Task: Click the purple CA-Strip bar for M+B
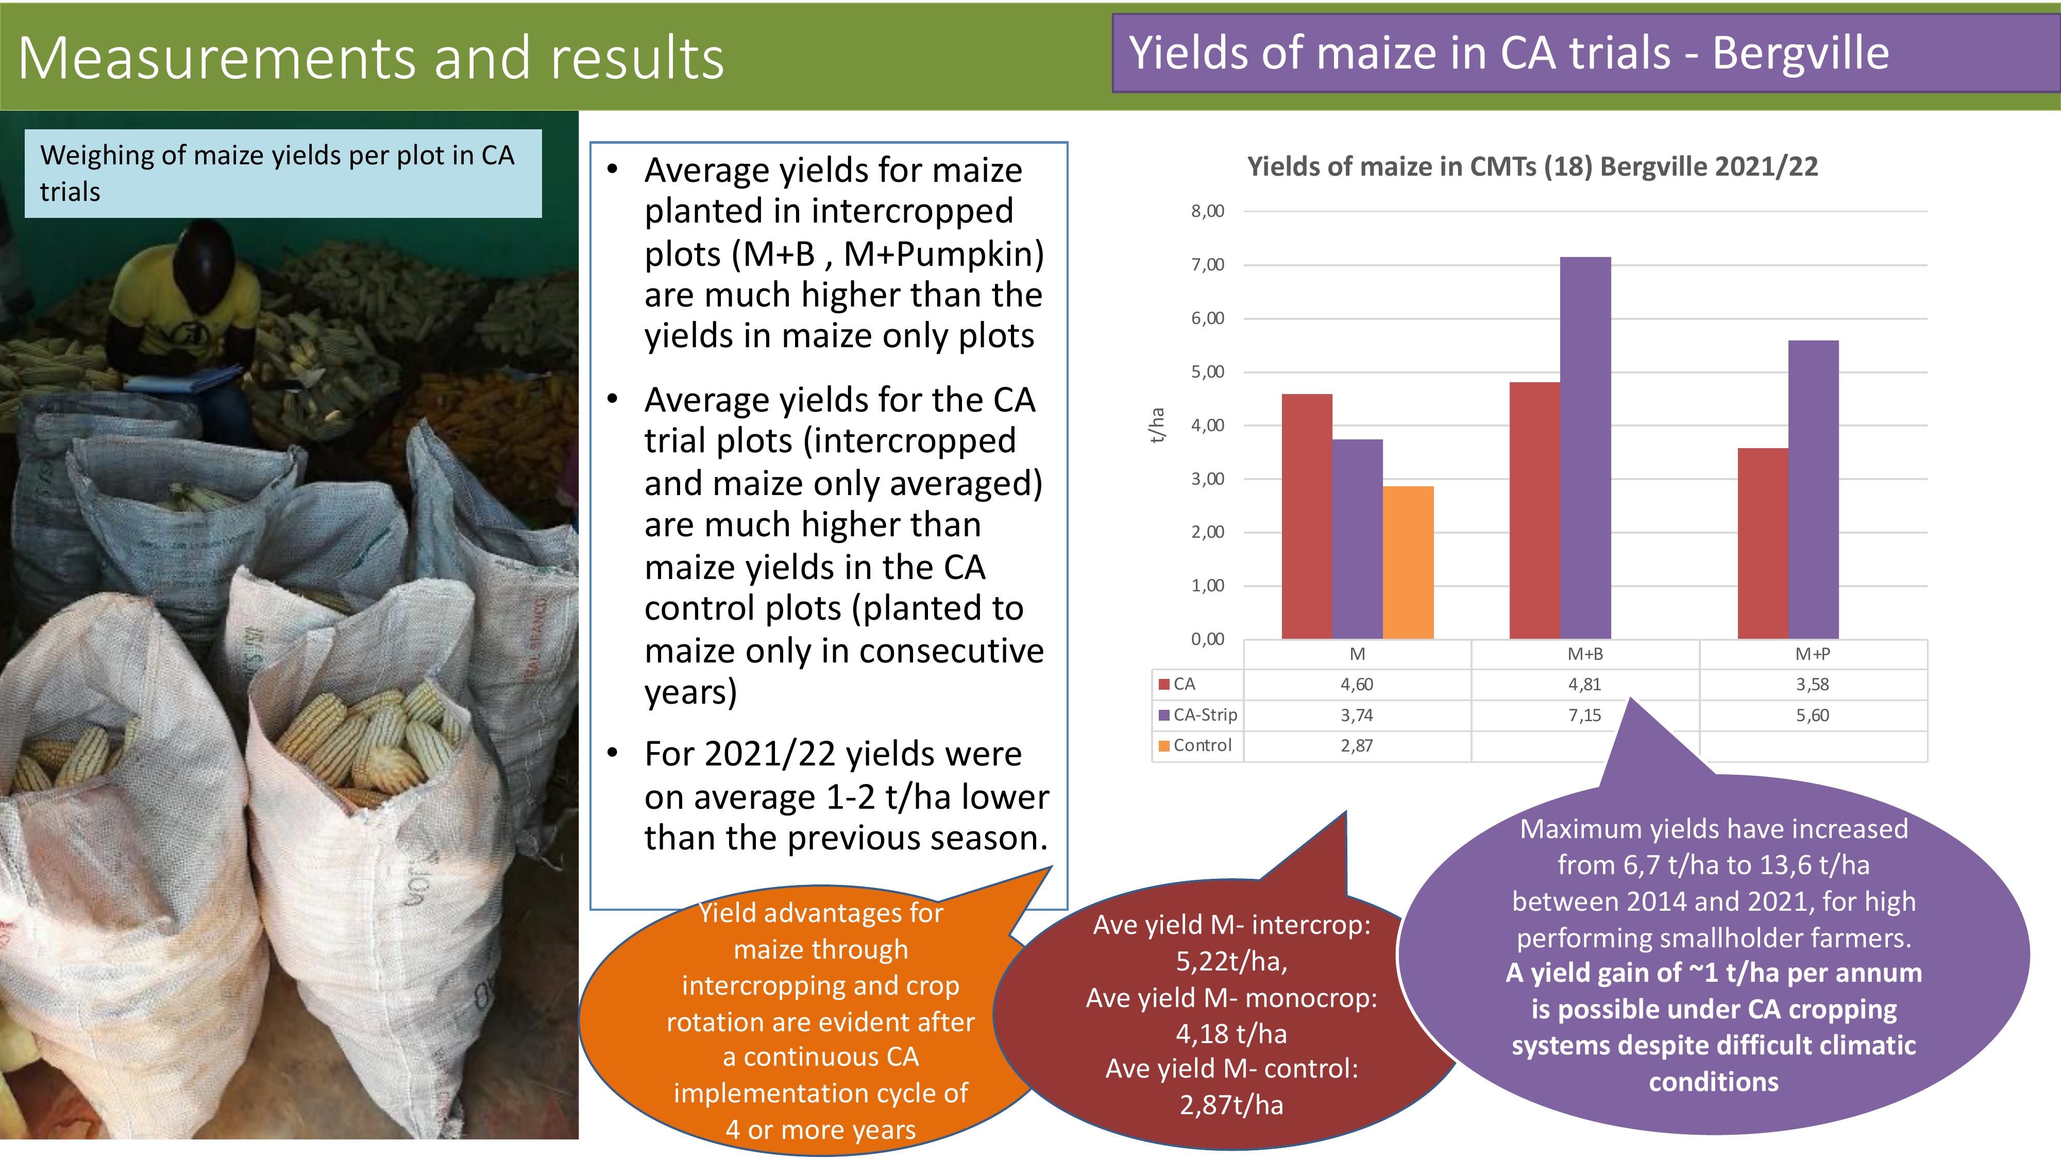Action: pyautogui.click(x=1585, y=448)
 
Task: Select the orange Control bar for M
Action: pyautogui.click(x=1408, y=563)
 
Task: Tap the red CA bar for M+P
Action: pyautogui.click(x=1763, y=544)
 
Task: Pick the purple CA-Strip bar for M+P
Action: pyautogui.click(x=1813, y=489)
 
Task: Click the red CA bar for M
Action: pyautogui.click(x=1307, y=517)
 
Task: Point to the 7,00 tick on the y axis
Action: pyautogui.click(x=1207, y=265)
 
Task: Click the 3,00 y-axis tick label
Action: pyautogui.click(x=1207, y=479)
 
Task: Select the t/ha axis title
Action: pyautogui.click(x=1157, y=425)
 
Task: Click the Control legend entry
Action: pyautogui.click(x=1195, y=745)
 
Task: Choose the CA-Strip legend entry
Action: pyautogui.click(x=1198, y=715)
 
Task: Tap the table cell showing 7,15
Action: pyautogui.click(x=1584, y=715)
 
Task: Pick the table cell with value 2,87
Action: pyautogui.click(x=1357, y=745)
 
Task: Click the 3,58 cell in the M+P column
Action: pyautogui.click(x=1812, y=685)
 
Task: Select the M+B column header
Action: pyautogui.click(x=1585, y=654)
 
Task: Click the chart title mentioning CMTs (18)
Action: pyautogui.click(x=1532, y=166)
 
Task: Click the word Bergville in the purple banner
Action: pyautogui.click(x=1800, y=54)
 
